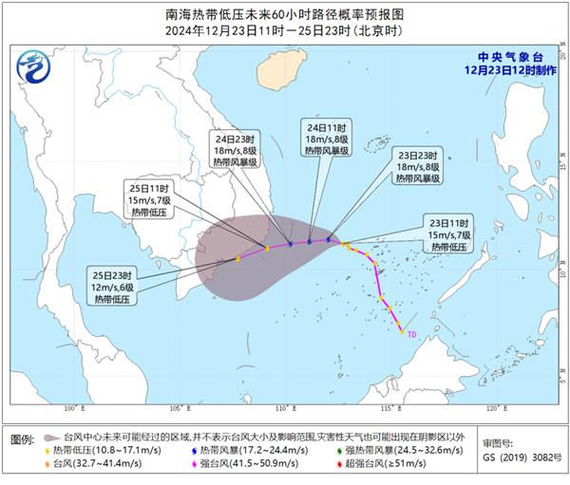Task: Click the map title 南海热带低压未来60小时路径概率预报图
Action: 284,16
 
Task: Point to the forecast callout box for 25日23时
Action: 115,283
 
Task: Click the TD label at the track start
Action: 412,334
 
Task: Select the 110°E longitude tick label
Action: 283,409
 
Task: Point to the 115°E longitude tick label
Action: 389,409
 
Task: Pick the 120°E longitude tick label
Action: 493,409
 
